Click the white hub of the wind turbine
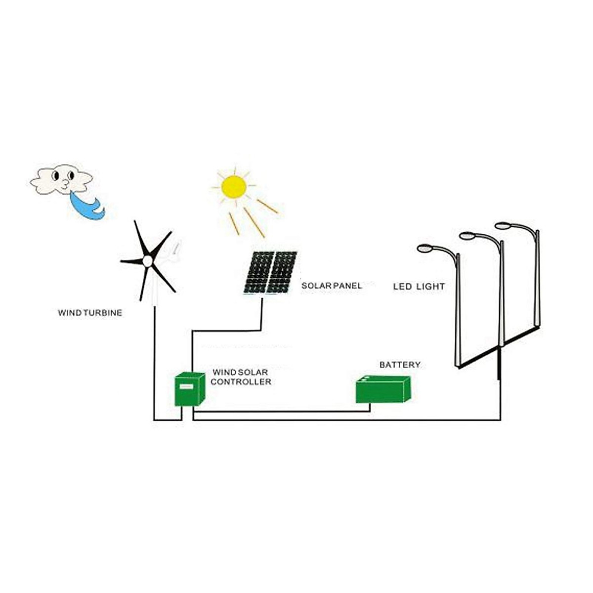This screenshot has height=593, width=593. [147, 261]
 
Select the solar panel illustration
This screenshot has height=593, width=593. [270, 272]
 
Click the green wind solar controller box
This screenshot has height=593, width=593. [189, 389]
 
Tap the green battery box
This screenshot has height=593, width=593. [383, 390]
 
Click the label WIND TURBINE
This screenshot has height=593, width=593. [90, 313]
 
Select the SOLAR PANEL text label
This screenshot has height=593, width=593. [332, 286]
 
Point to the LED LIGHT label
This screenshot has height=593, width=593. [419, 286]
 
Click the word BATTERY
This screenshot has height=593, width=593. [400, 365]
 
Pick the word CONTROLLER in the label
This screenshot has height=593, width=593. [241, 381]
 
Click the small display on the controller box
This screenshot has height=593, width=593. [187, 387]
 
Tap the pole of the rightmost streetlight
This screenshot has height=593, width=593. [537, 282]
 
